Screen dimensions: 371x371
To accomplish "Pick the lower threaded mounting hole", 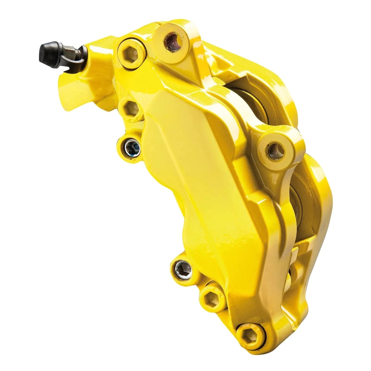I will click(x=276, y=151).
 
